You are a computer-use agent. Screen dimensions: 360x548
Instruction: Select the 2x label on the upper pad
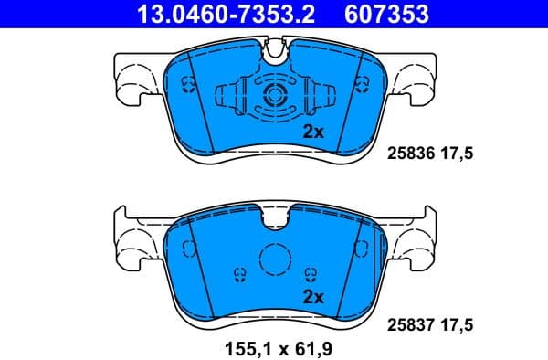pos(313,132)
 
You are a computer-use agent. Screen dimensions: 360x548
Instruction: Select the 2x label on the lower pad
pos(313,296)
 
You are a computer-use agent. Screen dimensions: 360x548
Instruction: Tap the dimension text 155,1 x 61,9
pos(273,347)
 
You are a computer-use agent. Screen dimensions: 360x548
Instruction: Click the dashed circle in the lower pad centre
pos(275,263)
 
